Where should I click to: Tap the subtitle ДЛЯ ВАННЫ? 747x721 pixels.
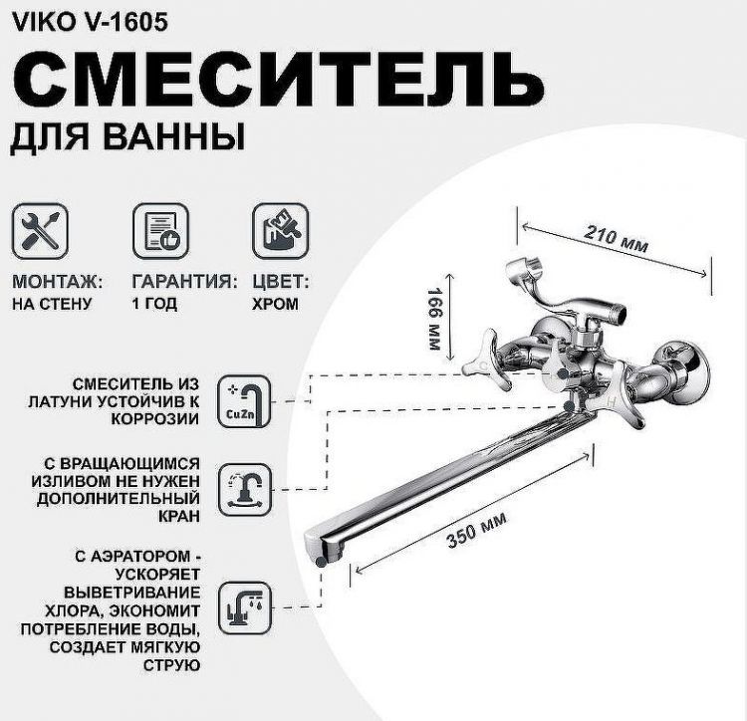tap(127, 136)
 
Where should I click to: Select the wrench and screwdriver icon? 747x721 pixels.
tap(39, 231)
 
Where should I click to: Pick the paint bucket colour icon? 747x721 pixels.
tap(279, 231)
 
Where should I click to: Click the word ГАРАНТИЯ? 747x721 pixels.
tap(184, 282)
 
